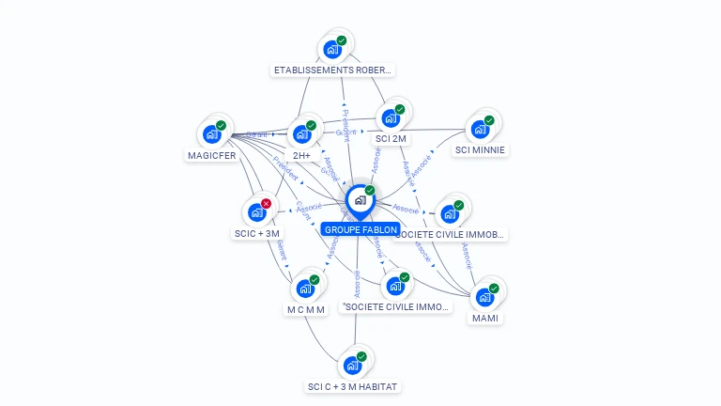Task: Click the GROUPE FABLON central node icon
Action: (x=360, y=200)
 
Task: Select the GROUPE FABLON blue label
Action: (x=360, y=229)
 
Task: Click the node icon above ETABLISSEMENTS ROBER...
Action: (x=331, y=49)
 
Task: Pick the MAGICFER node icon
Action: (x=211, y=134)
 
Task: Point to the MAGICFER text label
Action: (x=211, y=155)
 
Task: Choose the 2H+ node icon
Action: (x=301, y=134)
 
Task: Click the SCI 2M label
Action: (x=391, y=138)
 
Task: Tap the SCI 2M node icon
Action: (x=390, y=118)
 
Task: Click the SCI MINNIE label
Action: (x=480, y=149)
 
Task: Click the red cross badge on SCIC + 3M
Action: (x=266, y=204)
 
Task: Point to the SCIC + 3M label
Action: (x=256, y=233)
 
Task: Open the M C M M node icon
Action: (x=305, y=289)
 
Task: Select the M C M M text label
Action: (x=305, y=309)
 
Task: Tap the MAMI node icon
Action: (x=484, y=297)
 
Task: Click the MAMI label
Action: (x=485, y=318)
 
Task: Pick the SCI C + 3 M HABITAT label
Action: (x=353, y=386)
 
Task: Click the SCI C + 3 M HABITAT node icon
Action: (x=353, y=365)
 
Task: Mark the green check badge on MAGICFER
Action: (x=222, y=125)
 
